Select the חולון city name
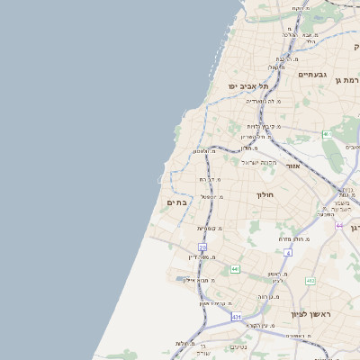pyautogui.click(x=264, y=194)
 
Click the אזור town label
pyautogui.click(x=292, y=166)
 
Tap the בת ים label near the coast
pyautogui.click(x=176, y=202)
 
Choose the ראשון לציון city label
pyautogui.click(x=311, y=314)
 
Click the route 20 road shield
pyautogui.click(x=202, y=247)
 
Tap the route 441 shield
pyautogui.click(x=235, y=269)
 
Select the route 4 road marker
pyautogui.click(x=289, y=253)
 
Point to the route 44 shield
pyautogui.click(x=339, y=224)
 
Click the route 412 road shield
pyautogui.click(x=310, y=282)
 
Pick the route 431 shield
pyautogui.click(x=236, y=317)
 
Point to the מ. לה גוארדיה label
pyautogui.click(x=264, y=101)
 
